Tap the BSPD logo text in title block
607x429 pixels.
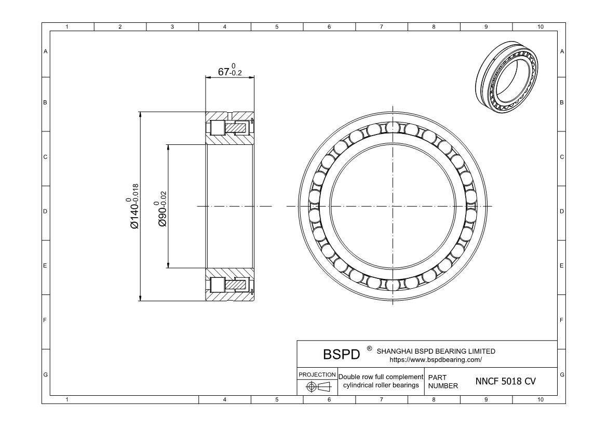click(341, 354)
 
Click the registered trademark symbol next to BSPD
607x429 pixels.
click(369, 348)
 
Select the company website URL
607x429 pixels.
click(435, 359)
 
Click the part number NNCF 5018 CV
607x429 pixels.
click(505, 381)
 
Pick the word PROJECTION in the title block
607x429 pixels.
click(317, 374)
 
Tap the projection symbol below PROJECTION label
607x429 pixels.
click(317, 387)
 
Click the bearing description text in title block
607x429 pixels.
click(381, 381)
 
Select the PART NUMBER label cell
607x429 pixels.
click(443, 381)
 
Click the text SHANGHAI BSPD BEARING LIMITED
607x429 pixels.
click(436, 351)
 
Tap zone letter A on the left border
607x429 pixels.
click(46, 51)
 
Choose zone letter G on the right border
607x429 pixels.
click(562, 374)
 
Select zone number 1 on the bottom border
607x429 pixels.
click(68, 399)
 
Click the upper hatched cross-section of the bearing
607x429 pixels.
click(230, 128)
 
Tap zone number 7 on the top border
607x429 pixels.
click(382, 26)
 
